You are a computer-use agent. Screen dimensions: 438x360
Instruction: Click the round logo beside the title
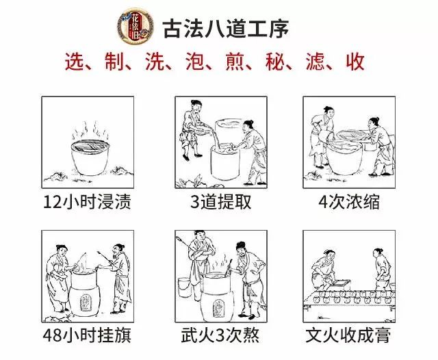(136, 26)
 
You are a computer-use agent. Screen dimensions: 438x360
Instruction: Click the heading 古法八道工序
(226, 29)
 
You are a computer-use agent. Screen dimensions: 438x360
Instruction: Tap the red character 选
(75, 61)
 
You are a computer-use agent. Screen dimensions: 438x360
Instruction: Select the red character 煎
(235, 61)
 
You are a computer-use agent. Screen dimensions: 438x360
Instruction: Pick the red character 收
(355, 61)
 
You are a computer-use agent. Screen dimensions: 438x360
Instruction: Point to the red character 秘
(275, 61)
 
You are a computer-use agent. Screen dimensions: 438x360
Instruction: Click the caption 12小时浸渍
(87, 202)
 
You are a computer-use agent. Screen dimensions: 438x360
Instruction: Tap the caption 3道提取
(220, 202)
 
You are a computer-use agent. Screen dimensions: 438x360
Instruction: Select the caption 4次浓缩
(349, 202)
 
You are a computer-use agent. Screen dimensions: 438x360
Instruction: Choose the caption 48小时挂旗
(87, 335)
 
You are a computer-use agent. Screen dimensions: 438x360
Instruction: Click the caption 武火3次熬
(220, 335)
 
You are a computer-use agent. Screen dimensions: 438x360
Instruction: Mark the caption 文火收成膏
(348, 335)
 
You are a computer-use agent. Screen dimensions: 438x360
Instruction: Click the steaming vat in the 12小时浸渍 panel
(90, 157)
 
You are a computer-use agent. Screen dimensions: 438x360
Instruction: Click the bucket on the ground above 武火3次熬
(184, 287)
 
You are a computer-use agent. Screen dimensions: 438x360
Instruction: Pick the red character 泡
(195, 61)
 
